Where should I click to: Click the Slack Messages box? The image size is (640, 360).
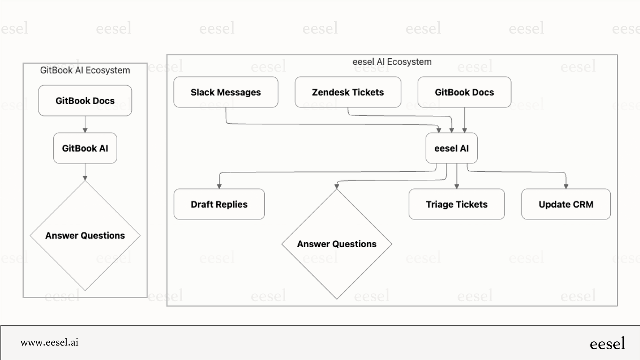click(x=226, y=92)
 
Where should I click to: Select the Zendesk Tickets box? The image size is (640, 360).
click(x=348, y=92)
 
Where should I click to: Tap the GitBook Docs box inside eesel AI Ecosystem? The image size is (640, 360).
click(x=464, y=92)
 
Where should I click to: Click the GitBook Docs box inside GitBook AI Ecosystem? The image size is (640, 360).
click(x=85, y=101)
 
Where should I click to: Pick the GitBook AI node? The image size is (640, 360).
click(x=85, y=148)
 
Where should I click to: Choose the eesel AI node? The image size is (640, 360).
click(x=451, y=148)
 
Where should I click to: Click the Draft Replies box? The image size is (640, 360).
click(x=219, y=204)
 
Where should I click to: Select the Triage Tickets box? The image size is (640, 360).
click(x=457, y=204)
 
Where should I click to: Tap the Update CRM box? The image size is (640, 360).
click(x=566, y=204)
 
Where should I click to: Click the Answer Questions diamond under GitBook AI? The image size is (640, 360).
click(x=85, y=235)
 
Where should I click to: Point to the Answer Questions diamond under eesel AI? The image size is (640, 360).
click(x=337, y=244)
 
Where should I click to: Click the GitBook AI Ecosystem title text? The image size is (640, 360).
click(x=85, y=70)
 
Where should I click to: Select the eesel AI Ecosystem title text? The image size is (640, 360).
click(x=392, y=62)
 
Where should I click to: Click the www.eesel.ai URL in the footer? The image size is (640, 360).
click(x=50, y=342)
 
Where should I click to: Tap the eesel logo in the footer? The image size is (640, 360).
click(x=607, y=344)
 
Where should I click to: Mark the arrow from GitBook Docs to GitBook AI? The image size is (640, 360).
click(x=85, y=124)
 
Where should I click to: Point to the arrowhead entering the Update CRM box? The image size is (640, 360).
click(x=566, y=186)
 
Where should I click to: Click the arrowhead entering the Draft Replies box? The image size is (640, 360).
click(x=219, y=186)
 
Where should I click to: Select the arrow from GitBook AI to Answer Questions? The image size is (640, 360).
click(x=85, y=171)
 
